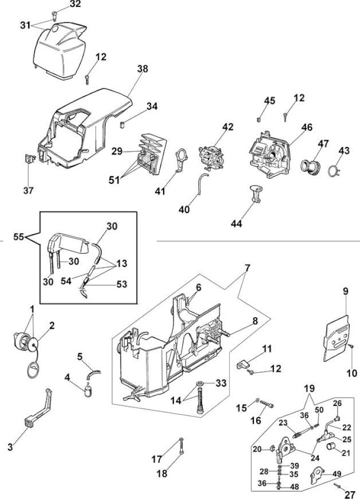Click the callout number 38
pos(142,69)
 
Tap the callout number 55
pos(19,237)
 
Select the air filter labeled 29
pos(152,154)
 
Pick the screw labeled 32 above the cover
pos(54,15)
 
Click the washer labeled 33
pos(200,383)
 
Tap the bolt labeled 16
pos(266,404)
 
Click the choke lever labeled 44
pos(255,193)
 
